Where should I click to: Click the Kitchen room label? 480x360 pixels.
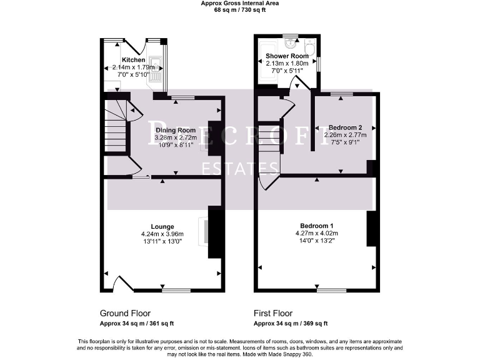click(133, 60)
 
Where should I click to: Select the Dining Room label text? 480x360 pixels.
click(176, 130)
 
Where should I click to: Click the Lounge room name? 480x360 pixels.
click(162, 226)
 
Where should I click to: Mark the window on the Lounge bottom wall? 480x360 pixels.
click(176, 291)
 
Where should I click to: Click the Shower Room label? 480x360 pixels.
click(287, 56)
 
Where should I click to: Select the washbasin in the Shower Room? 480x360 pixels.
click(291, 43)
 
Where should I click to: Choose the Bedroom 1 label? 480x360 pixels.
click(317, 225)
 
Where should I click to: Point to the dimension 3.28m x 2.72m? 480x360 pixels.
click(176, 137)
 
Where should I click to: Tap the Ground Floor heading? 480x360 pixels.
click(125, 313)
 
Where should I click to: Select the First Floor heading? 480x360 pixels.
click(273, 313)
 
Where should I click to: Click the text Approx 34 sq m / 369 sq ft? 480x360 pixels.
click(291, 324)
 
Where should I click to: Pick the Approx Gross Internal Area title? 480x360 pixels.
click(240, 3)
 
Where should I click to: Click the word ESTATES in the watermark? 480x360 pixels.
click(239, 167)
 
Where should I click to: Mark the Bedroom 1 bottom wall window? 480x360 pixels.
click(331, 291)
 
